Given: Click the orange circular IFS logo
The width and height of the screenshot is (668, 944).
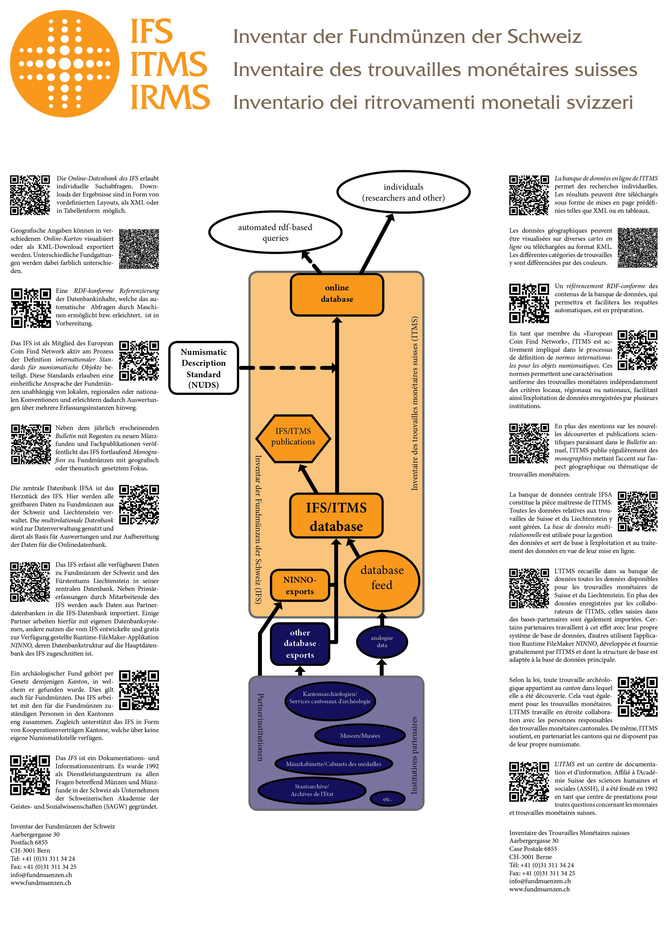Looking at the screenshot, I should coord(65,64).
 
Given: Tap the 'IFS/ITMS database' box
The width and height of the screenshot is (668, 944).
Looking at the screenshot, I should coord(336,516).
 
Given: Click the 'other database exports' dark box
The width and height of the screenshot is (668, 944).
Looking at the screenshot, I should coord(300,644).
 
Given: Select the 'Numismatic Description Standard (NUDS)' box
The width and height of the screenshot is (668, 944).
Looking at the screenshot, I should coord(204,368).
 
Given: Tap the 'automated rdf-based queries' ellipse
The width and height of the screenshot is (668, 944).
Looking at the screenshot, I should coord(275,233).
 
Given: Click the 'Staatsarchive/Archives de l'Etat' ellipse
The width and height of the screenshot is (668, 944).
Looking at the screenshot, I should coord(312,790).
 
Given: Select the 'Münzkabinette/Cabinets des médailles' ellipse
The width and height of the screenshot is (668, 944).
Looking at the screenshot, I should coord(334,763).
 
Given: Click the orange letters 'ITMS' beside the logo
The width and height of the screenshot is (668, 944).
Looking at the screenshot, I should coord(169,64).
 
